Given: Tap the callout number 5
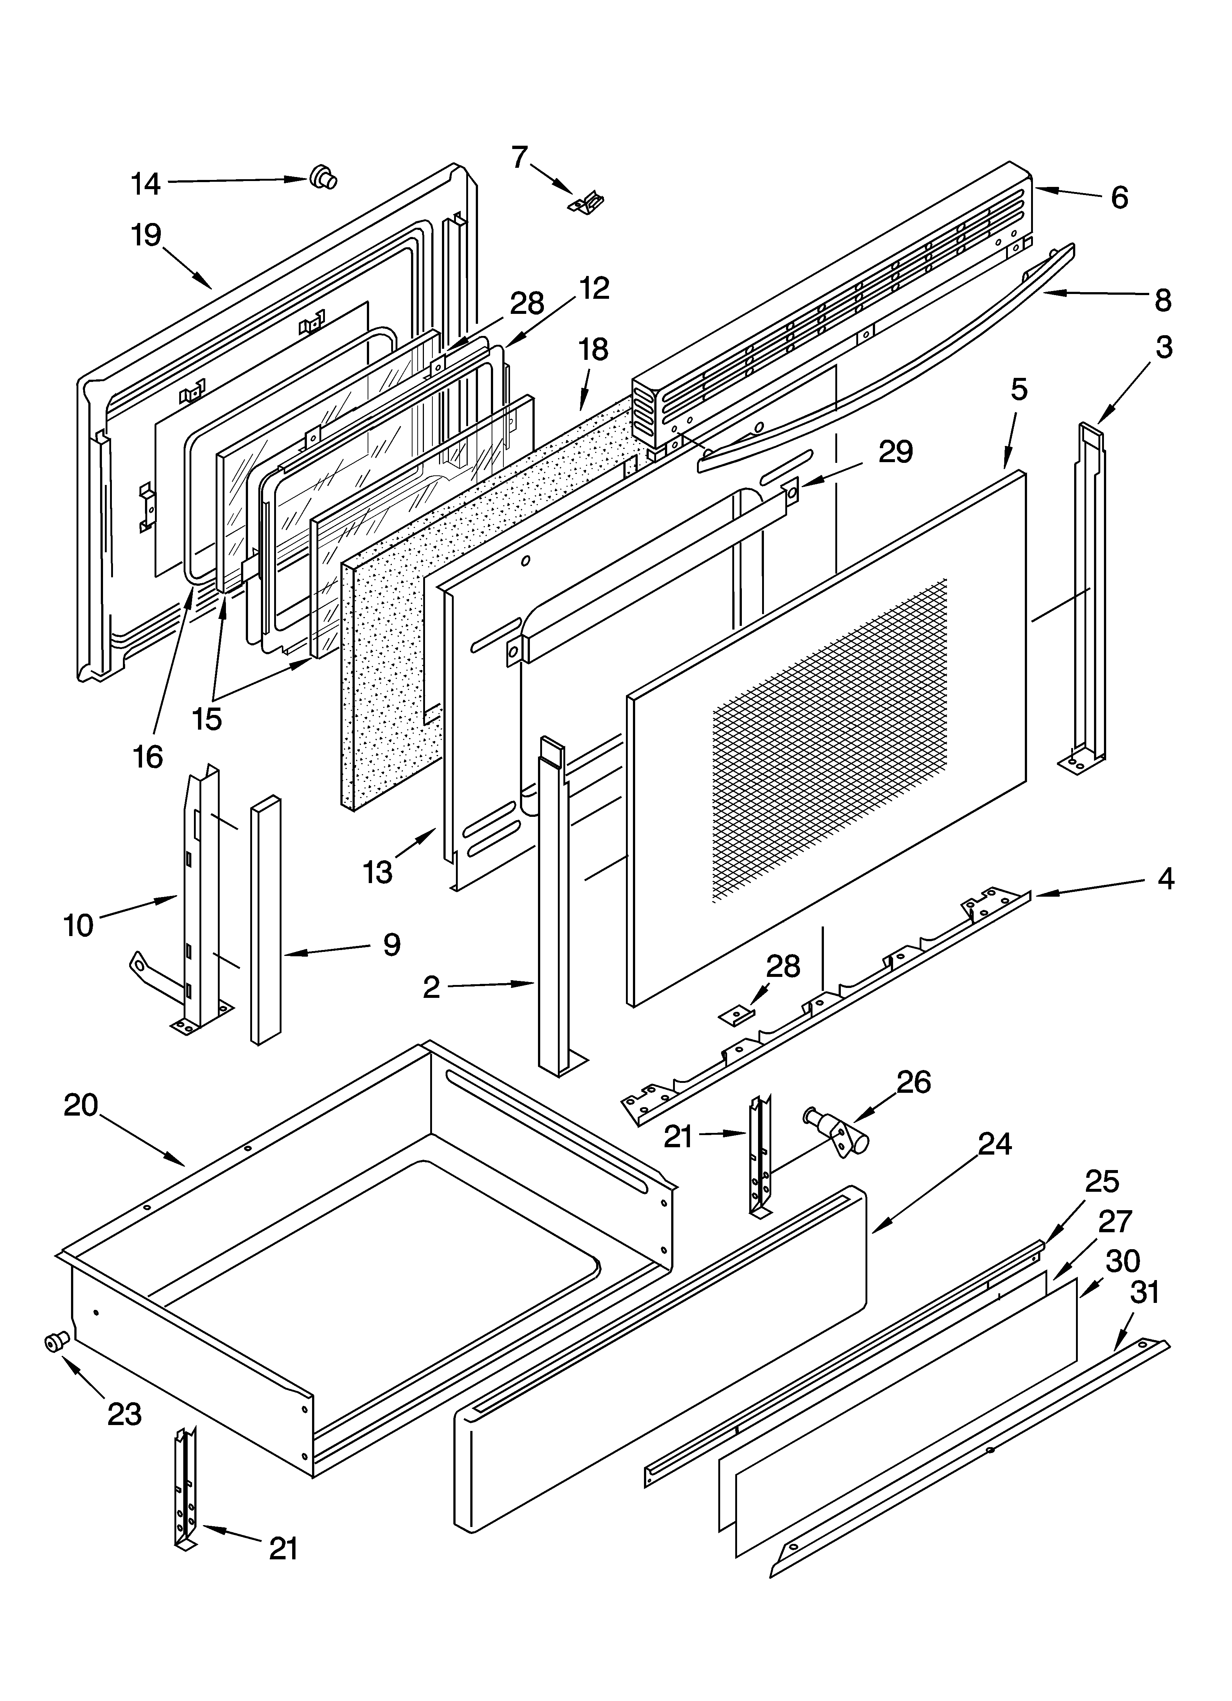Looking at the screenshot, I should (x=1018, y=390).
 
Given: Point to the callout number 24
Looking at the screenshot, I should (x=994, y=1144).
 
